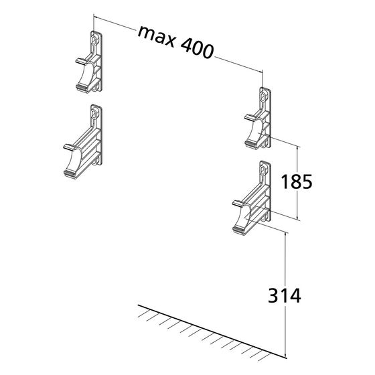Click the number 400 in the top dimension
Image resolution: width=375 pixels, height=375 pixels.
click(197, 50)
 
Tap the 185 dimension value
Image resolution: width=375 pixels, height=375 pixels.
click(296, 181)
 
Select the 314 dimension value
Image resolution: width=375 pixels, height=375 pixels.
click(285, 295)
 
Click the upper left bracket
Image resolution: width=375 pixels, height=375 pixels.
click(89, 62)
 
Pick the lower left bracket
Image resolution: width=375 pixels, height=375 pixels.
click(83, 141)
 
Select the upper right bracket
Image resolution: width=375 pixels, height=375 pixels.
click(258, 119)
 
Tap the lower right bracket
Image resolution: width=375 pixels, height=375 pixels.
click(252, 198)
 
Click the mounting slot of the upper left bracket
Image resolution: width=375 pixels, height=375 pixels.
click(95, 40)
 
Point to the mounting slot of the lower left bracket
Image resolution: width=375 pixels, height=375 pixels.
click(95, 114)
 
